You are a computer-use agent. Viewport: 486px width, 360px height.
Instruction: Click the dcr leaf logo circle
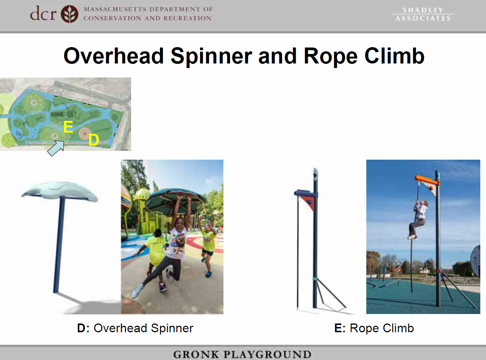70,14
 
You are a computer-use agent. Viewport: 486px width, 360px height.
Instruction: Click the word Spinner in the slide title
211,57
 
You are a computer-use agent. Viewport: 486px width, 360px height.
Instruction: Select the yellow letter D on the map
93,140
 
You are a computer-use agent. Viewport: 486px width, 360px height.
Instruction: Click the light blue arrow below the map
56,148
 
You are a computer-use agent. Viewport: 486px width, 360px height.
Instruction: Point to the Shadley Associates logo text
423,14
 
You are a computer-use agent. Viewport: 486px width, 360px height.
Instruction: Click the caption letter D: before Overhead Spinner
83,328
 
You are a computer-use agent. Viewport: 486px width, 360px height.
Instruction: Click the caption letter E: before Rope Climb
340,328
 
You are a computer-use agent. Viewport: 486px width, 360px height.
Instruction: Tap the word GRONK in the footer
196,354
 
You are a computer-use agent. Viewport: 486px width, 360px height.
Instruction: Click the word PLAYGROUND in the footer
268,354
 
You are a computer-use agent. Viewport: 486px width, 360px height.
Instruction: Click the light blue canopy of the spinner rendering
59,191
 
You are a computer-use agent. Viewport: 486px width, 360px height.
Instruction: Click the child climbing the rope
418,219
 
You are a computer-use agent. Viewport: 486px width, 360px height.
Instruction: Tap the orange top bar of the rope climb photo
426,180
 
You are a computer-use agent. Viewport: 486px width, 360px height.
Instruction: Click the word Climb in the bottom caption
398,328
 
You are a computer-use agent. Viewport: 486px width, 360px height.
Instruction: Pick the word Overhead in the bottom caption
120,328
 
